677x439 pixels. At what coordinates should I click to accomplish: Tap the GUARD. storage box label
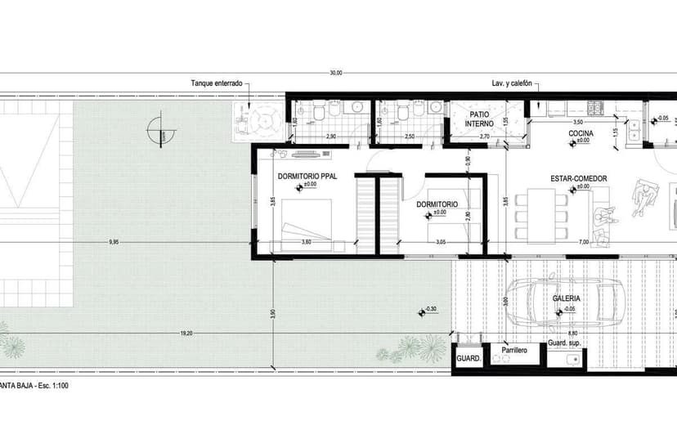[x=467, y=359]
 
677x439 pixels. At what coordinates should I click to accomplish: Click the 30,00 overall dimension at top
[x=336, y=73]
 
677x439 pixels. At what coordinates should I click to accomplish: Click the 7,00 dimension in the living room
[x=583, y=242]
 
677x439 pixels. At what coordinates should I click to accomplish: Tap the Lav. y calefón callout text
[x=512, y=83]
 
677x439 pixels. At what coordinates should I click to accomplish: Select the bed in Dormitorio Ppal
[x=307, y=222]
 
